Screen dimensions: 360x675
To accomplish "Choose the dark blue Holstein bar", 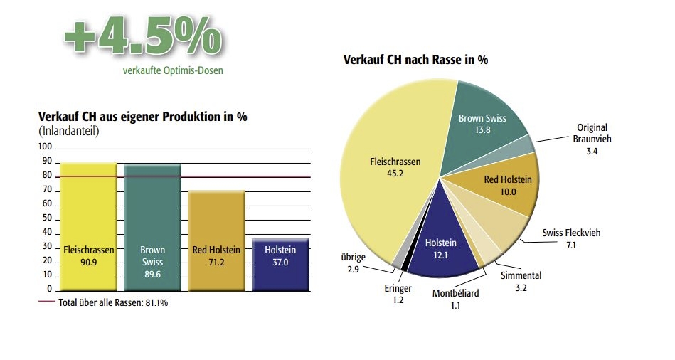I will click(x=280, y=264).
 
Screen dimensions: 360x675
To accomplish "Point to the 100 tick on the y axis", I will click(x=46, y=147).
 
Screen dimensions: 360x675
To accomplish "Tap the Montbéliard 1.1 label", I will click(x=456, y=298).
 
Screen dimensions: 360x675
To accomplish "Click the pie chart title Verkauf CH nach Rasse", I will click(x=415, y=60).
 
